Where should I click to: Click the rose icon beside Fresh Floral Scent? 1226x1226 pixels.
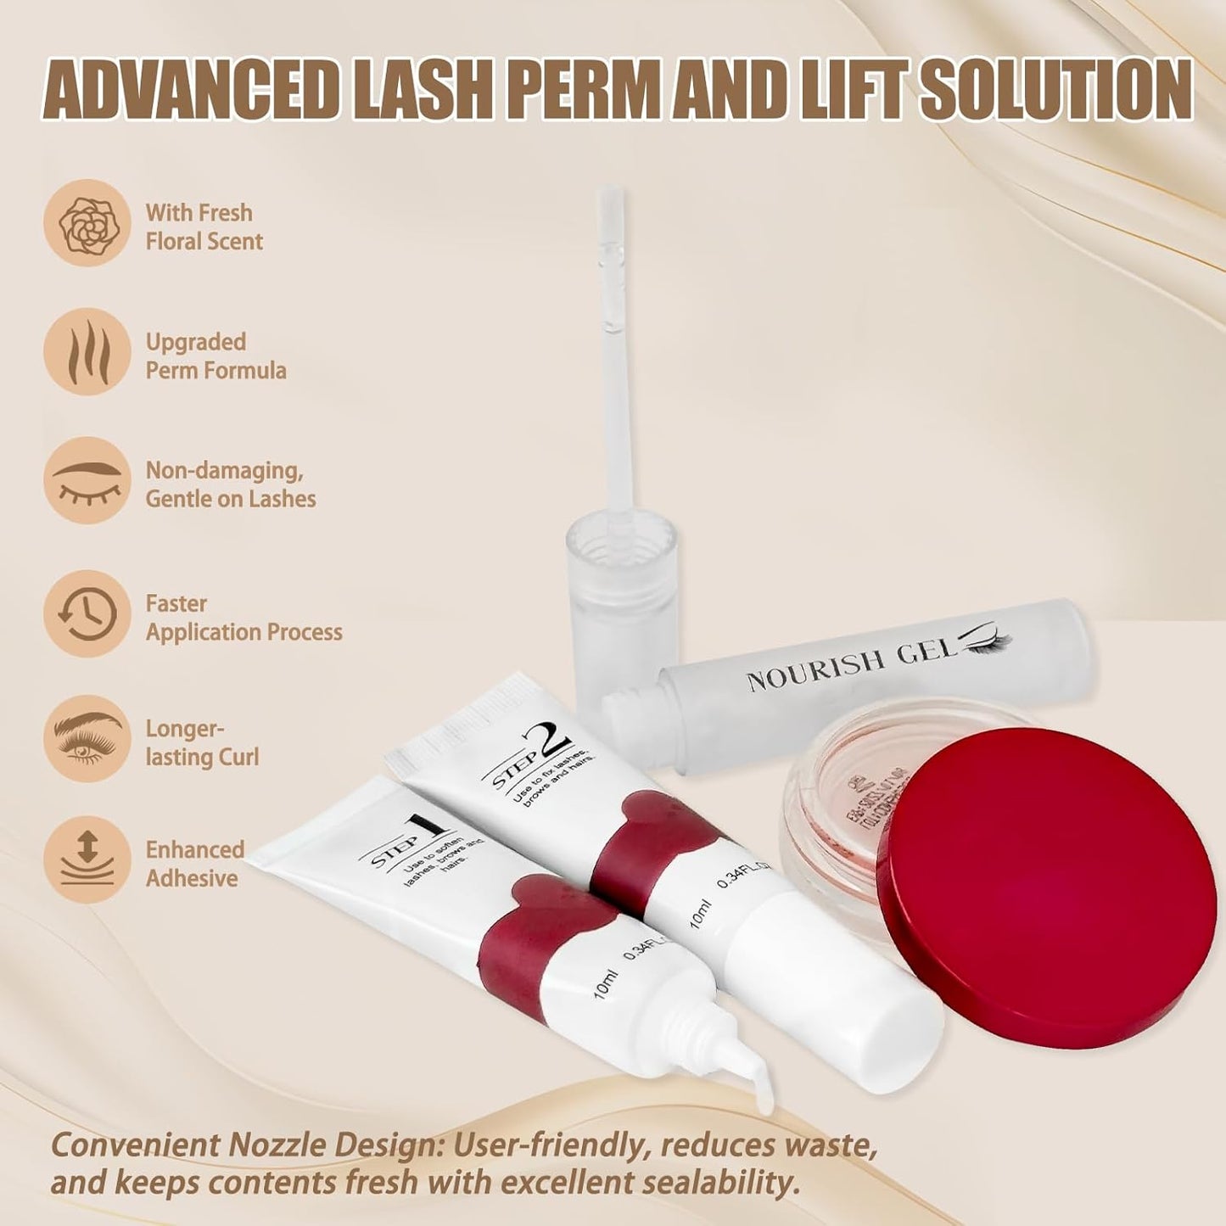pyautogui.click(x=87, y=223)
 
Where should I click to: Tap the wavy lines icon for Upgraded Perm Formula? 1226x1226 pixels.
pyautogui.click(x=87, y=351)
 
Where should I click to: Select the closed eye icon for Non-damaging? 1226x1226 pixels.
pyautogui.click(x=87, y=480)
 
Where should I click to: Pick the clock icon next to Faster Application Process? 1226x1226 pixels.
pyautogui.click(x=87, y=613)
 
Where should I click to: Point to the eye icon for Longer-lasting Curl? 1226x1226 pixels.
pyautogui.click(x=87, y=739)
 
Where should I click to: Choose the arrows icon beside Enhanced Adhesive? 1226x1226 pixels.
pyautogui.click(x=87, y=859)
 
